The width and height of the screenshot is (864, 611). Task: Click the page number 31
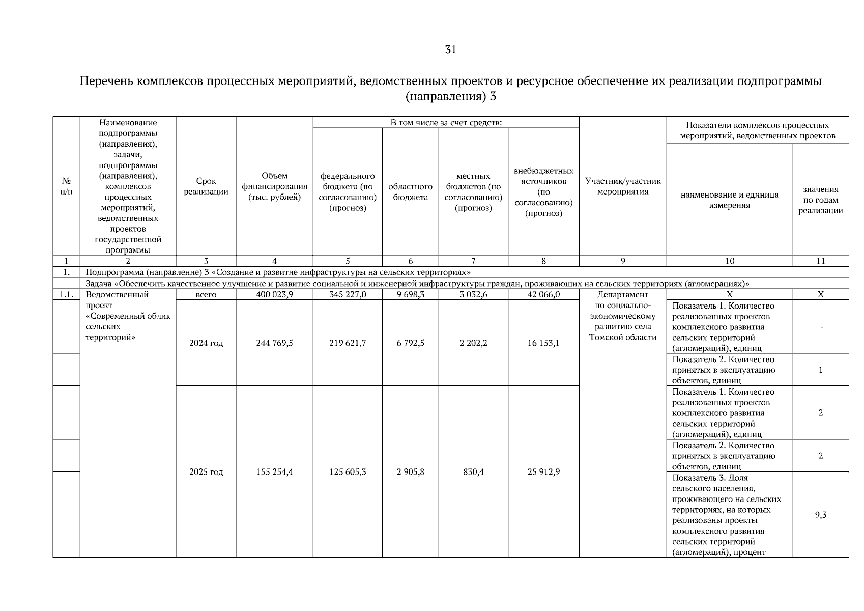pyautogui.click(x=450, y=49)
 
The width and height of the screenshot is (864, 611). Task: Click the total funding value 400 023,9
pyautogui.click(x=274, y=294)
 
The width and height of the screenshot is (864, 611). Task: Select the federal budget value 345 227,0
pyautogui.click(x=348, y=294)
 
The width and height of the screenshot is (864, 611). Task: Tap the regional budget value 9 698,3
pyautogui.click(x=410, y=294)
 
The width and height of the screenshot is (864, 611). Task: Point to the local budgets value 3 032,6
pyautogui.click(x=473, y=294)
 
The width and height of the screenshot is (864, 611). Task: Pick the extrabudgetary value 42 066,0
pyautogui.click(x=543, y=294)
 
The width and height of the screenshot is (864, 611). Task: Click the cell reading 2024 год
pyautogui.click(x=206, y=343)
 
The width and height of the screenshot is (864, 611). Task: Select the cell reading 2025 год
pyautogui.click(x=206, y=472)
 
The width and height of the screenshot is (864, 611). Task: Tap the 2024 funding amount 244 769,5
pyautogui.click(x=274, y=343)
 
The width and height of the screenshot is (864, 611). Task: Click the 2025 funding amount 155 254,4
pyautogui.click(x=274, y=472)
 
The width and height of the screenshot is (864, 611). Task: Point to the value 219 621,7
pyautogui.click(x=348, y=343)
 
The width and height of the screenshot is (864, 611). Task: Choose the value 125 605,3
pyautogui.click(x=348, y=472)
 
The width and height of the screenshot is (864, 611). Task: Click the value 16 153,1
pyautogui.click(x=543, y=343)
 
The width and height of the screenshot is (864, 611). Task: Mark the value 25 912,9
pyautogui.click(x=543, y=472)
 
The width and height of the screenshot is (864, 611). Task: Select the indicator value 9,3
pyautogui.click(x=820, y=515)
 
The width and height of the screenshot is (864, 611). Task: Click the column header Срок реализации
pyautogui.click(x=206, y=186)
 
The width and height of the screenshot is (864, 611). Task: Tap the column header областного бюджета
pyautogui.click(x=410, y=192)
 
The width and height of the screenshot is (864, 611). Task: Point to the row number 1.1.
pyautogui.click(x=66, y=294)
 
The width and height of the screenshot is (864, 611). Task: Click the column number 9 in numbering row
pyautogui.click(x=622, y=261)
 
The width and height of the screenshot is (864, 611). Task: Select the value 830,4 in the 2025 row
pyautogui.click(x=473, y=472)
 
